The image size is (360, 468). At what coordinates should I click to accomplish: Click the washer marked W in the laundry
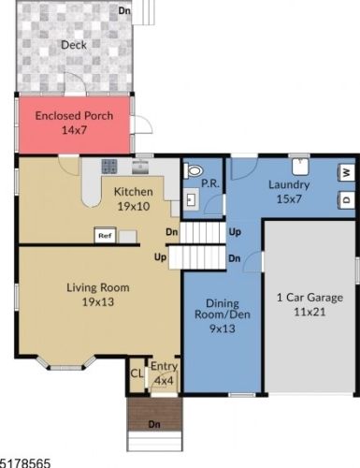[x=346, y=172]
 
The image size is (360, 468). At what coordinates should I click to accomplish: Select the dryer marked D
[x=346, y=199]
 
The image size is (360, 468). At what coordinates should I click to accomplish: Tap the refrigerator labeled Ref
[x=105, y=236]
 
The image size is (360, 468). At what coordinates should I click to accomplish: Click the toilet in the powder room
[x=194, y=171]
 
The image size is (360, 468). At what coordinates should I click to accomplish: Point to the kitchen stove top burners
[x=109, y=167]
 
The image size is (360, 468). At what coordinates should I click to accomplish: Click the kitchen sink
[x=140, y=168]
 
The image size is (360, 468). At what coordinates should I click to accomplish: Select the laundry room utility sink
[x=300, y=167]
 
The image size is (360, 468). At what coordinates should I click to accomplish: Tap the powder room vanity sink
[x=191, y=199]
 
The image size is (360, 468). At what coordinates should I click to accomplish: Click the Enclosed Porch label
[x=74, y=116]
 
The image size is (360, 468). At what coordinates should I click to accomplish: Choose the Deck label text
[x=74, y=45]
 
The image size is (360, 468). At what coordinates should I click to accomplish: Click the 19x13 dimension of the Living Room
[x=98, y=302]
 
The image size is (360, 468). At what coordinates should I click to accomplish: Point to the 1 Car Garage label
[x=310, y=298]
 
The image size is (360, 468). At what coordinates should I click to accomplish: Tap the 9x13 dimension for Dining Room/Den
[x=223, y=329]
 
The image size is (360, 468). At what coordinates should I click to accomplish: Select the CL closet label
[x=137, y=373]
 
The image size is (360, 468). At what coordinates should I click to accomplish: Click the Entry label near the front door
[x=165, y=366]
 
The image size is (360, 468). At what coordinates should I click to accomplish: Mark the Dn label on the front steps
[x=154, y=424]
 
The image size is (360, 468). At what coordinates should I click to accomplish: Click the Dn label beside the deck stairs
[x=124, y=10]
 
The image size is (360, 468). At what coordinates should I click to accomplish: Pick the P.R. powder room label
[x=210, y=183]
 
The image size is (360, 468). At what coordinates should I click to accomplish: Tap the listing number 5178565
[x=25, y=463]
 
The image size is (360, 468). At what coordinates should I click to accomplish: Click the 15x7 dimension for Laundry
[x=289, y=199]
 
